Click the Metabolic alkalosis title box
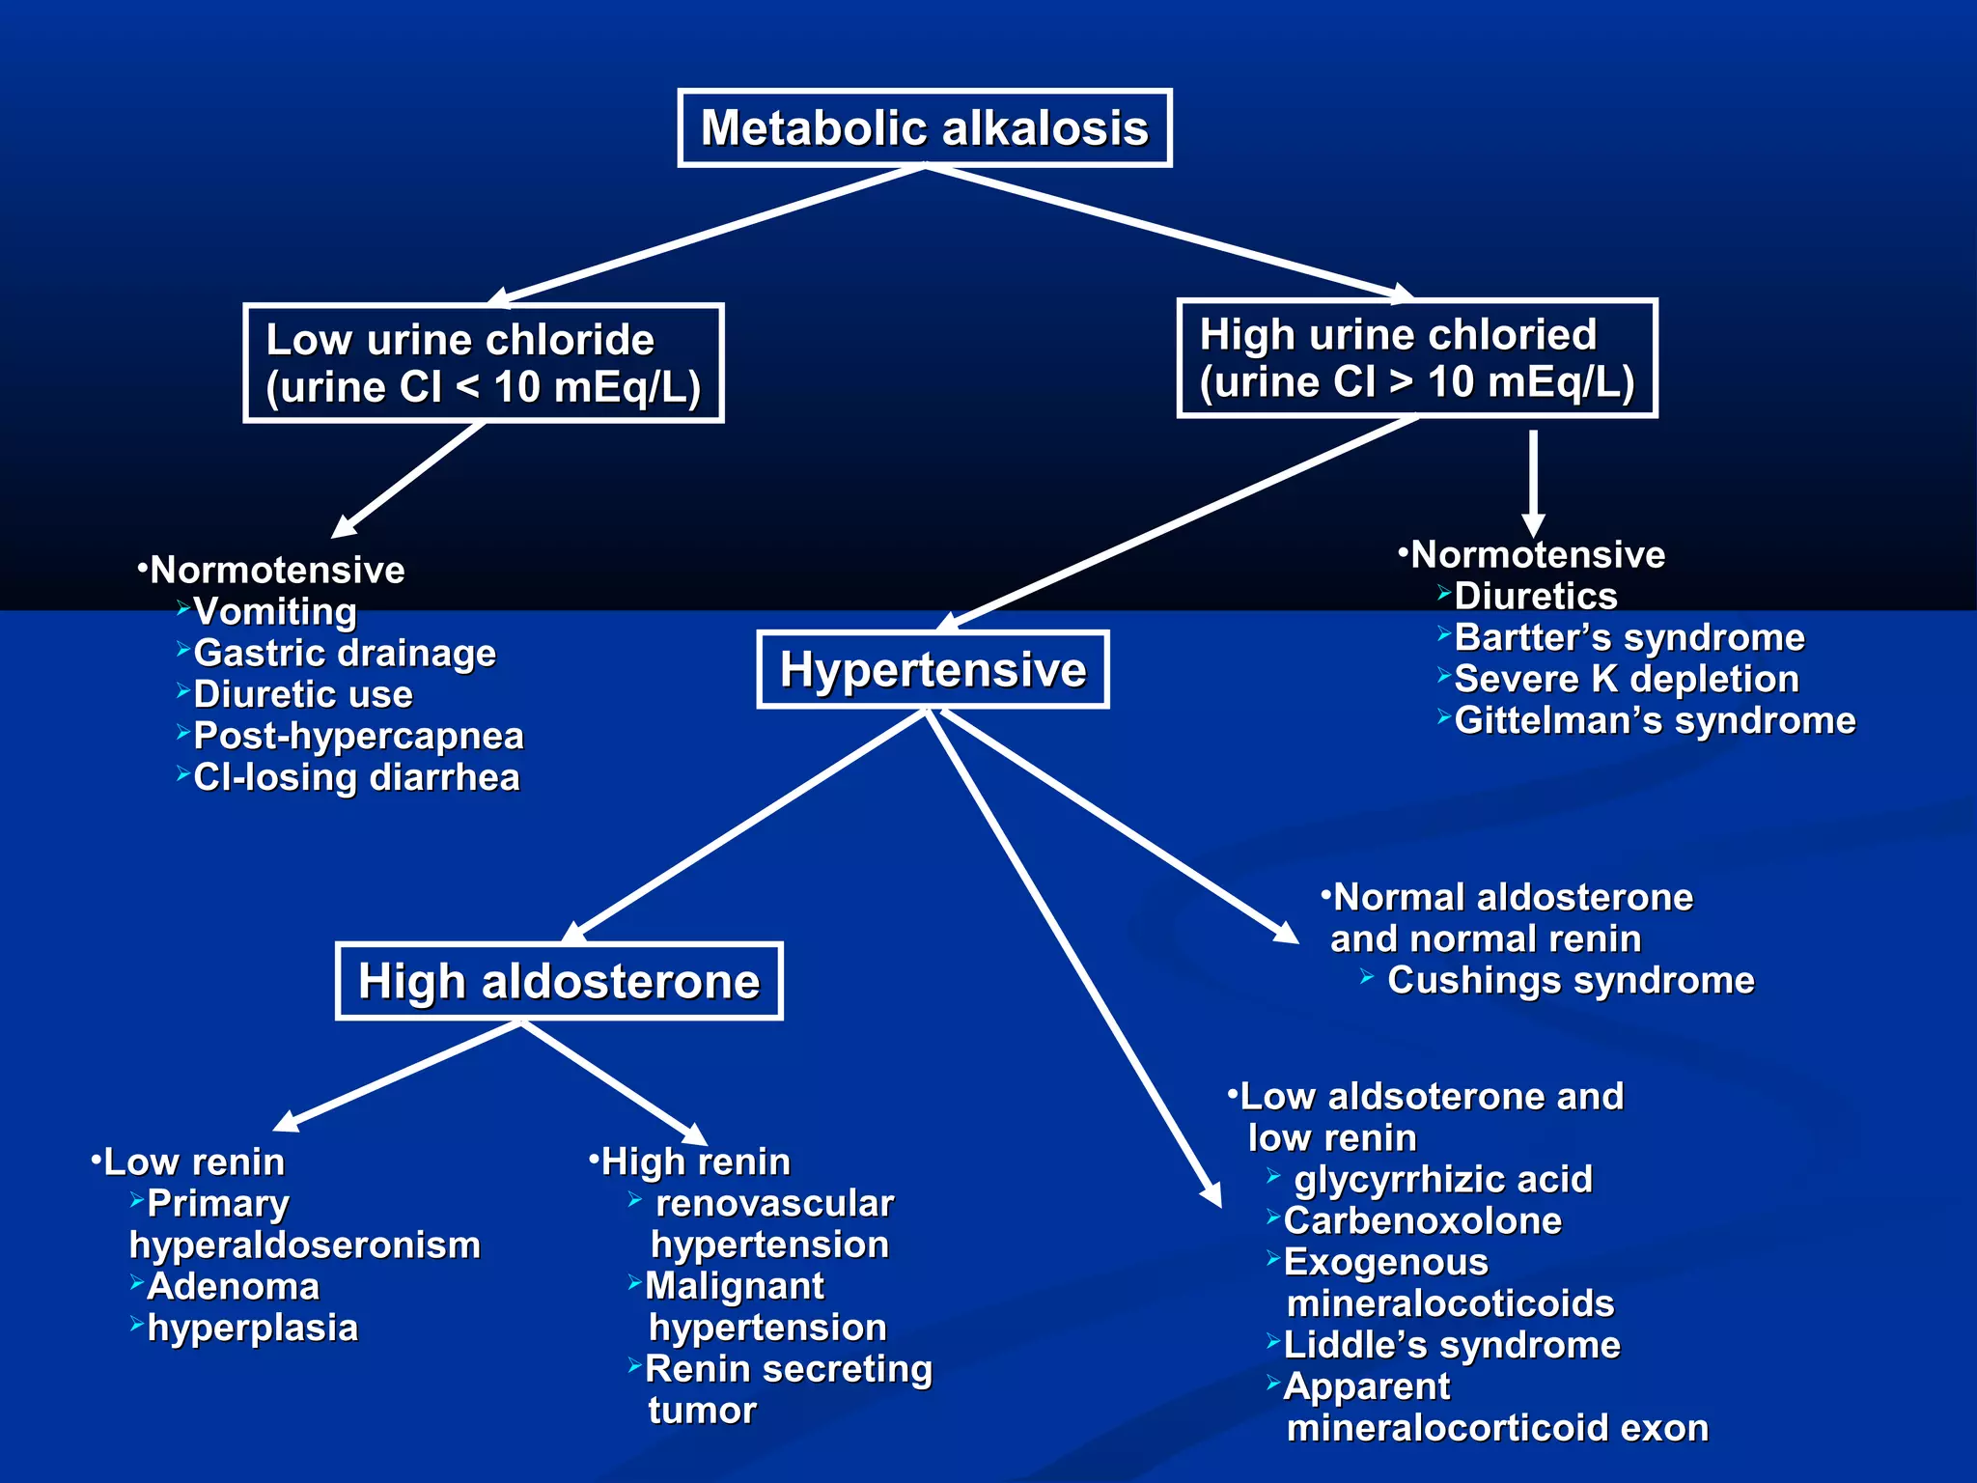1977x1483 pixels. click(924, 128)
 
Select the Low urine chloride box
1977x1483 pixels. click(483, 363)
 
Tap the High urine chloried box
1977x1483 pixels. click(1416, 358)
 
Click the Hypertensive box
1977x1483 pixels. click(933, 670)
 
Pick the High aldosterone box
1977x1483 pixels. click(559, 981)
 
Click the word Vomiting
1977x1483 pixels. click(275, 612)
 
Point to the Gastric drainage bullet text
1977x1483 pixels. click(345, 654)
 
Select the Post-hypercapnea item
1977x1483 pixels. click(358, 737)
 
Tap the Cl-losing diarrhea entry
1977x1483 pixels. click(356, 778)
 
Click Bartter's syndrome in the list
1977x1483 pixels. click(1629, 638)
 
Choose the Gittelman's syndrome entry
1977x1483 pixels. click(1654, 721)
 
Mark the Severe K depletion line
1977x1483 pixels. click(1626, 680)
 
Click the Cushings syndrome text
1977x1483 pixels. click(1570, 981)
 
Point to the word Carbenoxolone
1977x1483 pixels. click(1422, 1221)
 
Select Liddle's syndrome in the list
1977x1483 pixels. click(1451, 1346)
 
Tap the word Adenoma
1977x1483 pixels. click(233, 1287)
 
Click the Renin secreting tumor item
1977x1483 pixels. click(787, 1370)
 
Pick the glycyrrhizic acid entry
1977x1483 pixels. click(1442, 1180)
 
